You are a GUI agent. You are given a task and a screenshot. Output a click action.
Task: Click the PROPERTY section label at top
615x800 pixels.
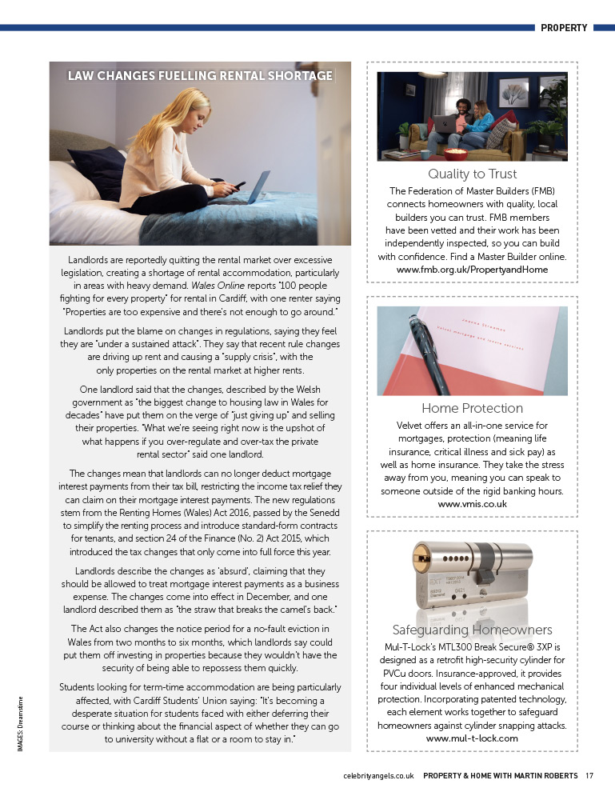[564, 28]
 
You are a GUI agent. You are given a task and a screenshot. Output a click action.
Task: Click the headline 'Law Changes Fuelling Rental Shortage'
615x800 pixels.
[200, 76]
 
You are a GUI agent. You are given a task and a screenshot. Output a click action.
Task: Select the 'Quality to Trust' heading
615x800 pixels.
[472, 174]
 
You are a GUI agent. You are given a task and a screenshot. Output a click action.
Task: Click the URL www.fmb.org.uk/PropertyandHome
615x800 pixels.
[472, 270]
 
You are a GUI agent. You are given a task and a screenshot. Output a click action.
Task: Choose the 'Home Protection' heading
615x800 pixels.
[472, 409]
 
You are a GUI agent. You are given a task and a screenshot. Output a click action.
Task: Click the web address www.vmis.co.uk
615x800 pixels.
[472, 504]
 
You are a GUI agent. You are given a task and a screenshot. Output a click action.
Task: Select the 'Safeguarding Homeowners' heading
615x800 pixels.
[472, 630]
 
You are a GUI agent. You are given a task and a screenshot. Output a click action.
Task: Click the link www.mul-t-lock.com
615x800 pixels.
[472, 738]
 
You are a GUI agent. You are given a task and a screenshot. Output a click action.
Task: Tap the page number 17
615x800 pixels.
[589, 775]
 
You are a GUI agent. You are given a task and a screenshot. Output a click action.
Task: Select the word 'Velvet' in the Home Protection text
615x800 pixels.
[412, 426]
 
